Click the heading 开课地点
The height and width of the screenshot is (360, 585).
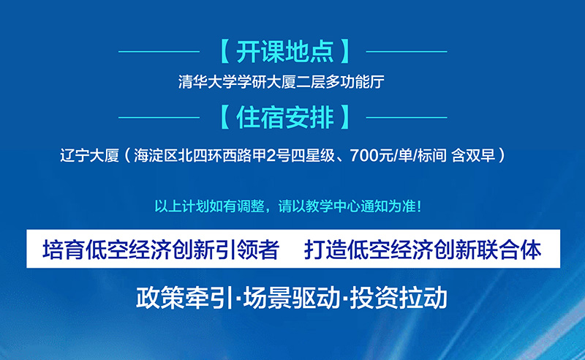coord(285,51)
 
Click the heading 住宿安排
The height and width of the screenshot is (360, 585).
coord(285,117)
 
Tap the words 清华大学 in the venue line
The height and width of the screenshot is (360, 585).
coord(207,82)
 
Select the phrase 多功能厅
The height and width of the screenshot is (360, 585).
coord(355,82)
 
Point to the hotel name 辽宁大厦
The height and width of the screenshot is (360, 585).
coord(89,155)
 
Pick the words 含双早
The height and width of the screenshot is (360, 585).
coord(473,155)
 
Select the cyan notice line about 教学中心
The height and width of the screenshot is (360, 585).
coord(288,206)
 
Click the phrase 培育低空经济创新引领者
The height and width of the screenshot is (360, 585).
coord(161,250)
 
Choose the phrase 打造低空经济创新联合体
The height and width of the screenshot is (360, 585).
coord(423,250)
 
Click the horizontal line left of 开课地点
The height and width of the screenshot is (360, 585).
coord(159,51)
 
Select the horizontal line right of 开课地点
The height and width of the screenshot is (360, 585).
coord(407,51)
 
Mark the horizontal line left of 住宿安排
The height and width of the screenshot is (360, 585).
coord(159,117)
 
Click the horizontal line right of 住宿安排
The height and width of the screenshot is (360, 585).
coord(407,117)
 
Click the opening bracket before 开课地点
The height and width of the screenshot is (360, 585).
coord(225,51)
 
